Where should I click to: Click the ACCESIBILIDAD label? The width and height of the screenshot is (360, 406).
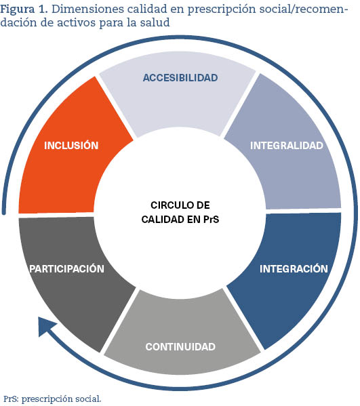pos(180,78)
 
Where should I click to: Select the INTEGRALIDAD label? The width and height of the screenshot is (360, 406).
pos(287,145)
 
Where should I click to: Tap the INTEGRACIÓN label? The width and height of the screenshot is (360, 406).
pos(294,268)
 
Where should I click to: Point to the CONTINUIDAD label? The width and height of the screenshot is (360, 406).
pos(180,347)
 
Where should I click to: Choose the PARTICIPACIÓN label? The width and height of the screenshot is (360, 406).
pos(67,268)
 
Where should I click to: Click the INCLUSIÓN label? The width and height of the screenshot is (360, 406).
pos(71,145)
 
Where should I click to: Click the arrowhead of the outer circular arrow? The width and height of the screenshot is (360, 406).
pos(47,327)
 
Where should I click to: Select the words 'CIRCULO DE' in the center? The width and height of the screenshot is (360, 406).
pos(180,205)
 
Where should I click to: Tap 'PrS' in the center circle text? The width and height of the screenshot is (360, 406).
pos(211,220)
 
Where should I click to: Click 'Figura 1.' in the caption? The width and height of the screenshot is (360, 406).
pos(24,9)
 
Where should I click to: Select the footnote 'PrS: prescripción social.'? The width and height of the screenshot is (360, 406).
pos(52,399)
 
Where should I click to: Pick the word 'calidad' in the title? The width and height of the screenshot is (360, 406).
pos(147,9)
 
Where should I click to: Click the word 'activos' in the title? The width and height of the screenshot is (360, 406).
pos(77,22)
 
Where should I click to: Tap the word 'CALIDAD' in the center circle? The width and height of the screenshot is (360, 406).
pos(162,220)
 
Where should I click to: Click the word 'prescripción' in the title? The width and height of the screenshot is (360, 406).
pos(222,9)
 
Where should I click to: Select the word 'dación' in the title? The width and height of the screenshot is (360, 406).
pos(19,22)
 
